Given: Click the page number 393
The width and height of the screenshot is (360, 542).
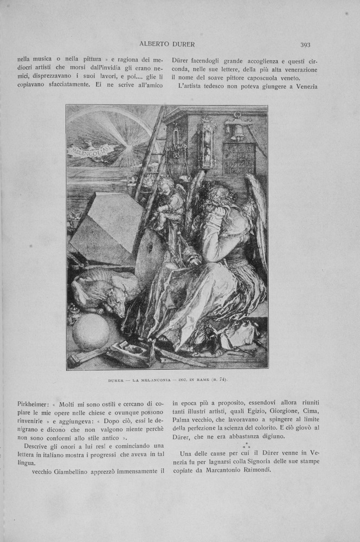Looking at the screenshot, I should coord(305,45).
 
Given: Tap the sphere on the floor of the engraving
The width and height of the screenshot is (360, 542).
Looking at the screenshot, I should coord(90,332).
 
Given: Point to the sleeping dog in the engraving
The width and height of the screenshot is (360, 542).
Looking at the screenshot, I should coord(103,290).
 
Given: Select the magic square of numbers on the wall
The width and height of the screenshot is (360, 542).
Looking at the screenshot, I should coord(239,158).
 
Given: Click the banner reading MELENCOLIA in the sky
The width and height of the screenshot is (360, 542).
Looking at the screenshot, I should coord(91,149).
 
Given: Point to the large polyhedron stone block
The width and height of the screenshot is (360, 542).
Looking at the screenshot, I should coord(106,228).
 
